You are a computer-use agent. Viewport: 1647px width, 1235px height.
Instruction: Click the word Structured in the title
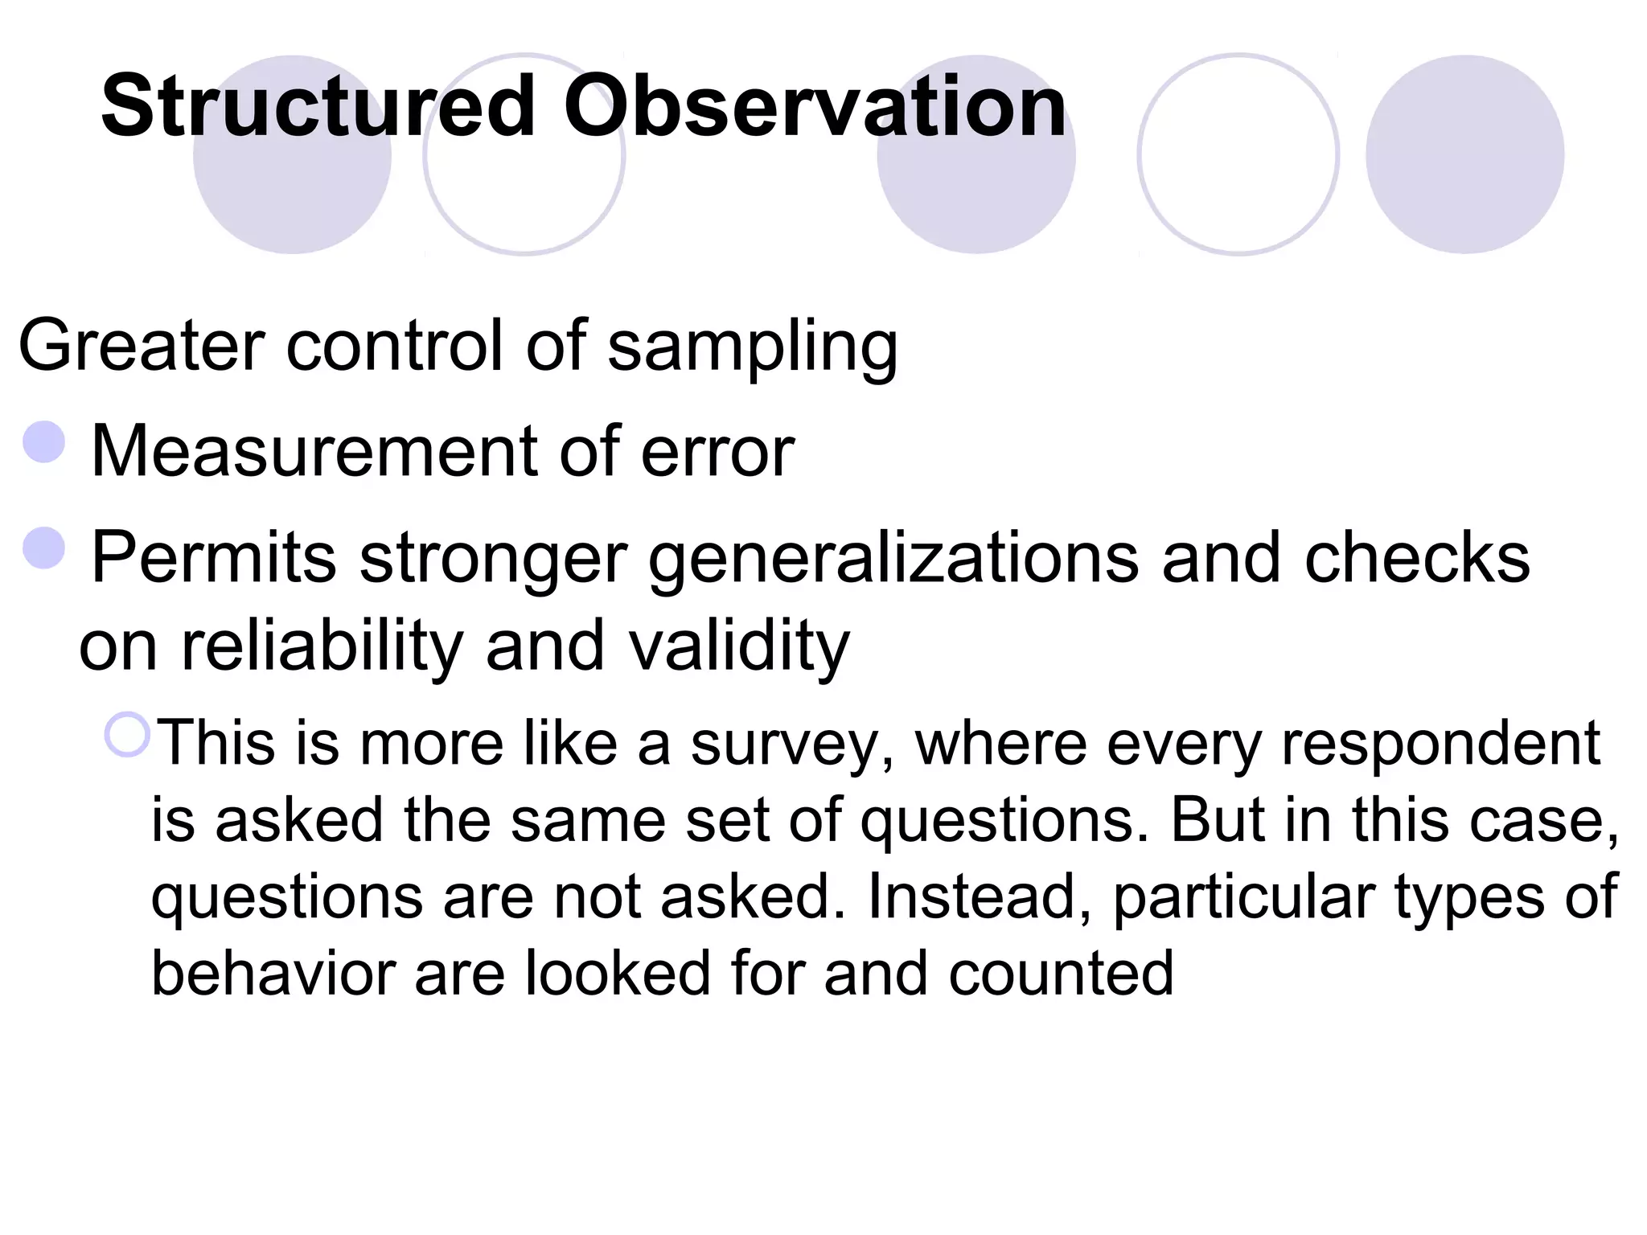318,107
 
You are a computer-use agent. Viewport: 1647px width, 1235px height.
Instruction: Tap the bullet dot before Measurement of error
44,442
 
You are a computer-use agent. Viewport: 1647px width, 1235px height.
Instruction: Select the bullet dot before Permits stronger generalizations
44,548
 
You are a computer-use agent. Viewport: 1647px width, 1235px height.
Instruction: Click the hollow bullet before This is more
127,735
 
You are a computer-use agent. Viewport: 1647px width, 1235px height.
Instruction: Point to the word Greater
142,346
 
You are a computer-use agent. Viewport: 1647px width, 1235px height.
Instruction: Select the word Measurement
314,452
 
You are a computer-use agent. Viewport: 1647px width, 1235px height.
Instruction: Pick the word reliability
322,646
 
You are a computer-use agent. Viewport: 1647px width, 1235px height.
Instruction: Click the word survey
791,745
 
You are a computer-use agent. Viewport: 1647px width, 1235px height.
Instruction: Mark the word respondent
1440,745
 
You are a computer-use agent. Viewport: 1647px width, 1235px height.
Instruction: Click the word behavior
273,974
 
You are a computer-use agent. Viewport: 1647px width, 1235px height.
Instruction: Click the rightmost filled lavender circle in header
1464,154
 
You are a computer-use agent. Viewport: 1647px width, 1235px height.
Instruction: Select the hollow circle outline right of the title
1238,154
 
